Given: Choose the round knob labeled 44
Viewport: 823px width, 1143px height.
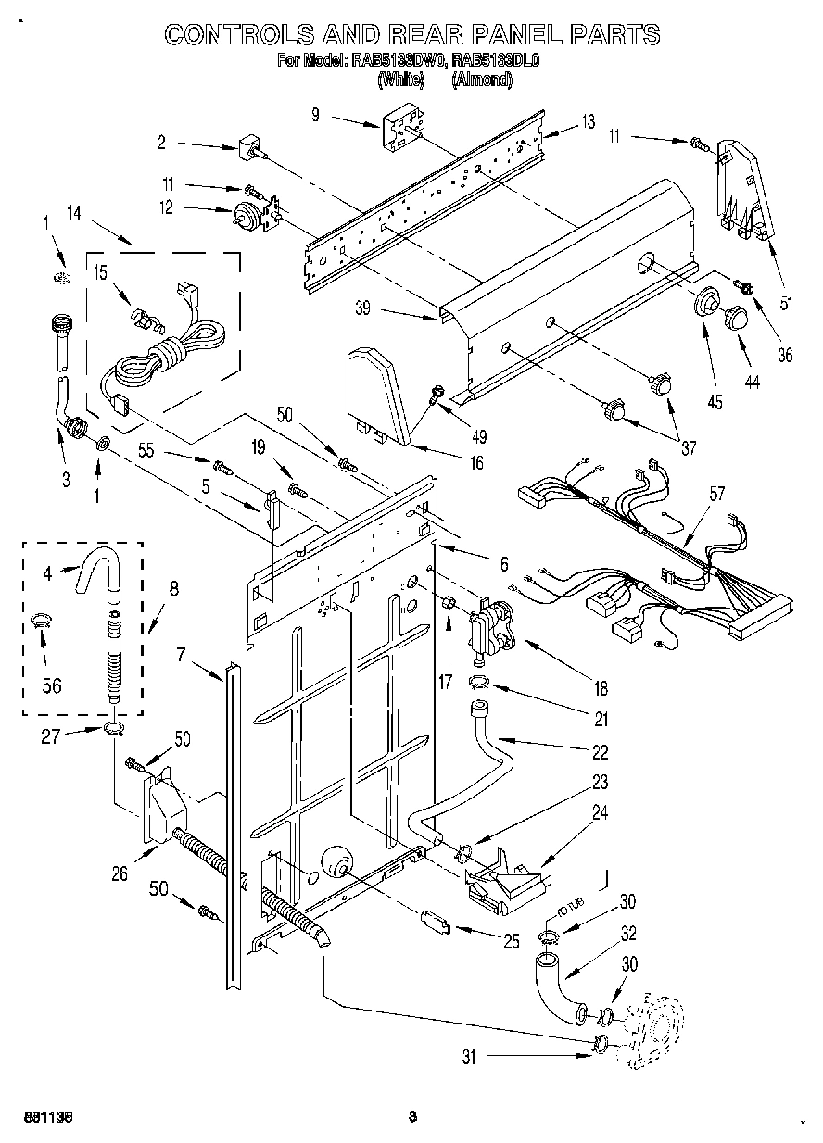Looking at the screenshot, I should pos(738,317).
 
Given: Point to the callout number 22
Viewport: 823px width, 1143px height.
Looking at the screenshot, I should pos(601,751).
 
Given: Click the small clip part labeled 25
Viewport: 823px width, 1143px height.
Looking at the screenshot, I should pos(435,922).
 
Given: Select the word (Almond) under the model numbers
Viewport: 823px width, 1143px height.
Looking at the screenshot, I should pos(481,81).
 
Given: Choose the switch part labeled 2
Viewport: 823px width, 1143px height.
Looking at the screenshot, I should pos(249,146).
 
